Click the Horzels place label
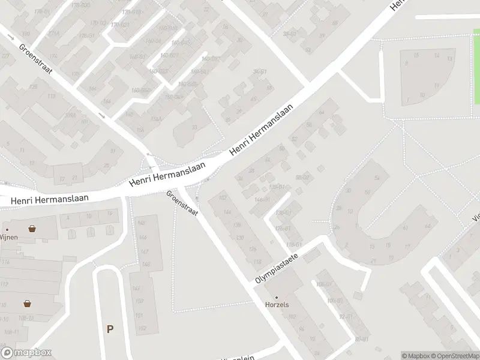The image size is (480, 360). pyautogui.click(x=277, y=305)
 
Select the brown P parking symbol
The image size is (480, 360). pyautogui.click(x=110, y=329)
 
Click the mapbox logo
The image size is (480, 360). pyautogui.click(x=26, y=353)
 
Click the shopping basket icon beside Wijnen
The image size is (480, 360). pyautogui.click(x=32, y=229)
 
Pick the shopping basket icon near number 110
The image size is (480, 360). pyautogui.click(x=27, y=304)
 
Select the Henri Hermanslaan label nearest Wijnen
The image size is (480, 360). pyautogui.click(x=50, y=199)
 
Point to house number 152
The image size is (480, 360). pyautogui.click(x=142, y=328)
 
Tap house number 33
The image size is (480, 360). pyautogui.click(x=194, y=128)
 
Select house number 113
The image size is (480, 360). pyautogui.click(x=51, y=96)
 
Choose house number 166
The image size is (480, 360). pyautogui.click(x=92, y=89)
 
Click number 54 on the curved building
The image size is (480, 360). pyautogui.click(x=377, y=178)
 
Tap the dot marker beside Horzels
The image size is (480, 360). pyautogui.click(x=277, y=297)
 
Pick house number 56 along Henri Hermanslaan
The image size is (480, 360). pyautogui.click(x=309, y=125)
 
